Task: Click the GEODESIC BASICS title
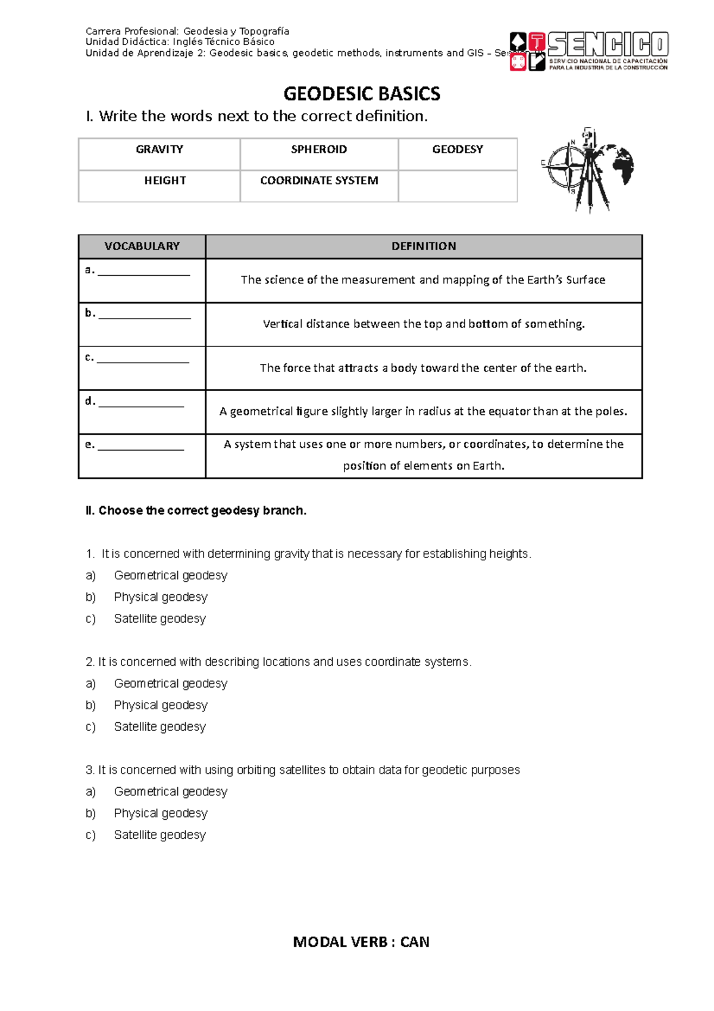tap(361, 93)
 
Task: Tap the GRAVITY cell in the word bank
tap(159, 149)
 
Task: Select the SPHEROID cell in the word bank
tap(318, 149)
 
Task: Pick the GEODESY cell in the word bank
tap(457, 149)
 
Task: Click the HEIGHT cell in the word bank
tap(165, 180)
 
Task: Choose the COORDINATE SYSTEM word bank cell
tap(319, 180)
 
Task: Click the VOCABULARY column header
tap(142, 246)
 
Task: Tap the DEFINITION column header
tap(423, 246)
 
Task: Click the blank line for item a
tap(143, 273)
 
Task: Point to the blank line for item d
tap(141, 405)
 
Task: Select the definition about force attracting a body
tap(423, 368)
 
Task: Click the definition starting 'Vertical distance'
tap(423, 324)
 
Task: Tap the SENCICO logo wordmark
tap(607, 45)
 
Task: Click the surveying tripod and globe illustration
tap(587, 170)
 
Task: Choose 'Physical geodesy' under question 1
tap(161, 597)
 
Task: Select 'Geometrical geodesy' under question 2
tap(170, 684)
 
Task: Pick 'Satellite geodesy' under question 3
tap(159, 835)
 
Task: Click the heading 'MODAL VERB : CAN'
tap(361, 942)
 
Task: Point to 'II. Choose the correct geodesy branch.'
tap(196, 510)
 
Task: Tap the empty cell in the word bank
tap(457, 186)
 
